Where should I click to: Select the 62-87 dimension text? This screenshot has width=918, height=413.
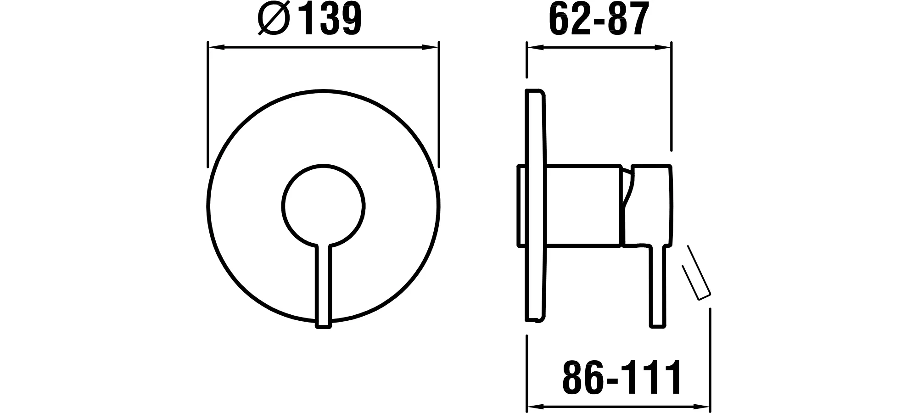click(599, 19)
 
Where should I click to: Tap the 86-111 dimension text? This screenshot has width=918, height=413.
click(622, 377)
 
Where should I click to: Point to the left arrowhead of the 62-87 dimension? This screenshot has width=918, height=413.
click(533, 47)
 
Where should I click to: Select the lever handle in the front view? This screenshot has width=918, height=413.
click(323, 285)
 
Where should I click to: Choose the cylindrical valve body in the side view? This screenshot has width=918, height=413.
click(583, 205)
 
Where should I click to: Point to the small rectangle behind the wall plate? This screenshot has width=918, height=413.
click(521, 206)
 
